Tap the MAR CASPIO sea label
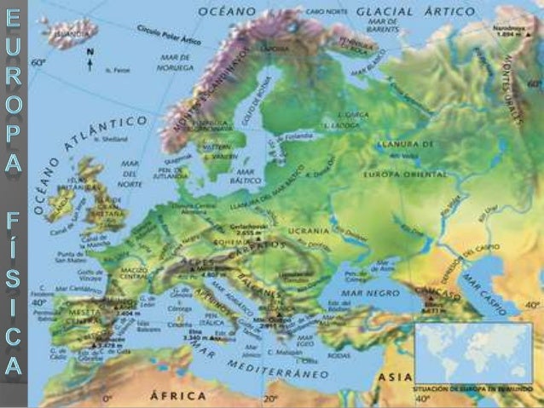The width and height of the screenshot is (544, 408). (484, 290)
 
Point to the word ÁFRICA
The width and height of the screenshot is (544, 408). (177, 395)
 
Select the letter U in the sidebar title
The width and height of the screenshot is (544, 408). (13, 44)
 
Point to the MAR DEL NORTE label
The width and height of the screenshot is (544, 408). (130, 170)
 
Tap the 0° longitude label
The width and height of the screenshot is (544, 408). (108, 398)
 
